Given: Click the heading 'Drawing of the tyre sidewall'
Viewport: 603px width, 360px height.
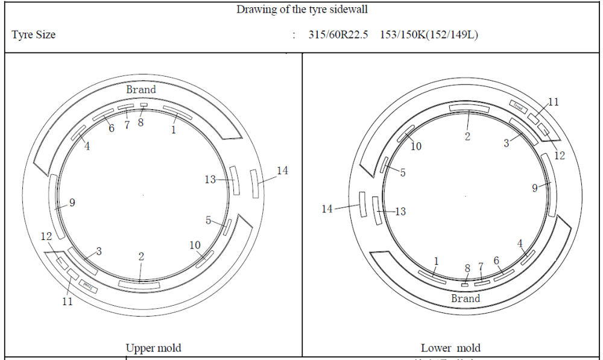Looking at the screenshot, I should (301, 9).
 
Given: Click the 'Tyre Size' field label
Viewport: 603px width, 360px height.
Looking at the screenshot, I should (33, 34).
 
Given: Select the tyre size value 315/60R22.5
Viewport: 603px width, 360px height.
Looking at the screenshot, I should (339, 34).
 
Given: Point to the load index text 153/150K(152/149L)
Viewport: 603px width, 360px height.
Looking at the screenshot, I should (429, 34).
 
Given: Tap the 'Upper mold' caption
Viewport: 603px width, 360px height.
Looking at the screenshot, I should (153, 348).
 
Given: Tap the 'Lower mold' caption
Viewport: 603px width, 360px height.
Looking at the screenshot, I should (450, 348).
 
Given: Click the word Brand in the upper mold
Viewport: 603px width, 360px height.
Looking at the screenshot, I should (140, 89).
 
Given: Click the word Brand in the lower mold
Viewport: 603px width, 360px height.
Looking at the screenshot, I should (466, 298).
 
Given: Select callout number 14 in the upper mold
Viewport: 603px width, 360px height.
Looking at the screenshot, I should (282, 171).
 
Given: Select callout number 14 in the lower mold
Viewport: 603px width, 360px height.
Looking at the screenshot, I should (327, 209).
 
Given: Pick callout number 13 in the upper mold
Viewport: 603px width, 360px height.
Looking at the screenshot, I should (210, 180).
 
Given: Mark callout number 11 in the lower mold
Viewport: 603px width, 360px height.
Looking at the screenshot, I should (553, 102).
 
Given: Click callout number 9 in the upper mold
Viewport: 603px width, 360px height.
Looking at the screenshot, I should (72, 203).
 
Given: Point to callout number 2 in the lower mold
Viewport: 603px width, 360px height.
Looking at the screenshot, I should (467, 136).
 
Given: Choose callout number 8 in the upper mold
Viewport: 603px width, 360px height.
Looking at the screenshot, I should (140, 122).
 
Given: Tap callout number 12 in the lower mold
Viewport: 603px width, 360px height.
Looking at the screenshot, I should (559, 156).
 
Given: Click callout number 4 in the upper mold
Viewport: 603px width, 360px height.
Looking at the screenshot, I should (87, 146).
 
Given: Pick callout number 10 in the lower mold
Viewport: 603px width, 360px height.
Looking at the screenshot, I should (416, 146).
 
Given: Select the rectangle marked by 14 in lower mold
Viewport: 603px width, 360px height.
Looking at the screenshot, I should (362, 204).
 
